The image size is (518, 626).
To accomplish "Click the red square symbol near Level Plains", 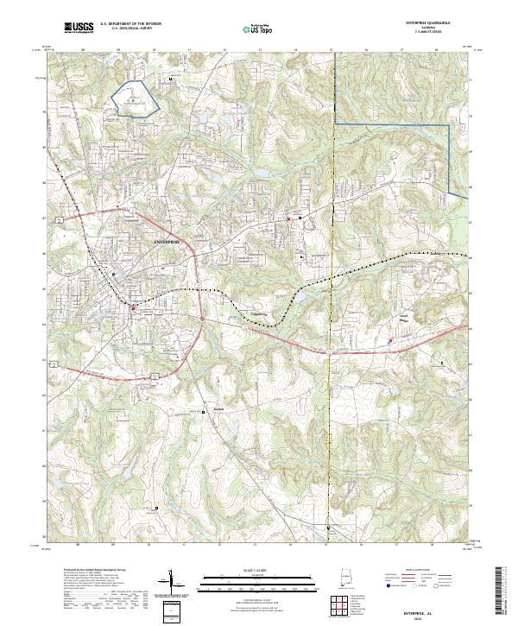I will (x=391, y=340).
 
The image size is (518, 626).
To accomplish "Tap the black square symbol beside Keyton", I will (x=205, y=413).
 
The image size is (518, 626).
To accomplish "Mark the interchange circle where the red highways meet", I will (x=200, y=319).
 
